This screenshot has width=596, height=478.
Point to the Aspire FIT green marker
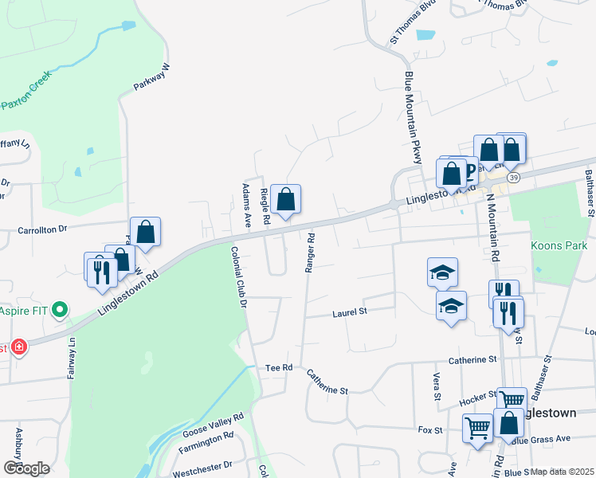59,310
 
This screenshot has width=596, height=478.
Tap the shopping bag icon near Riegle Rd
285,199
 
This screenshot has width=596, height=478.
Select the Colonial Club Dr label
239,276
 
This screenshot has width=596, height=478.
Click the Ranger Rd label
310,253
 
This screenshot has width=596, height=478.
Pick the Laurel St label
347,313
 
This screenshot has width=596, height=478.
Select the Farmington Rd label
206,442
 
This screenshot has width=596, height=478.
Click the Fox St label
430,429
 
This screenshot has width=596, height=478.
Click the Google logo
26,468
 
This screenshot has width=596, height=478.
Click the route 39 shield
514,177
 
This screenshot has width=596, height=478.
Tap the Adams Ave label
246,205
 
